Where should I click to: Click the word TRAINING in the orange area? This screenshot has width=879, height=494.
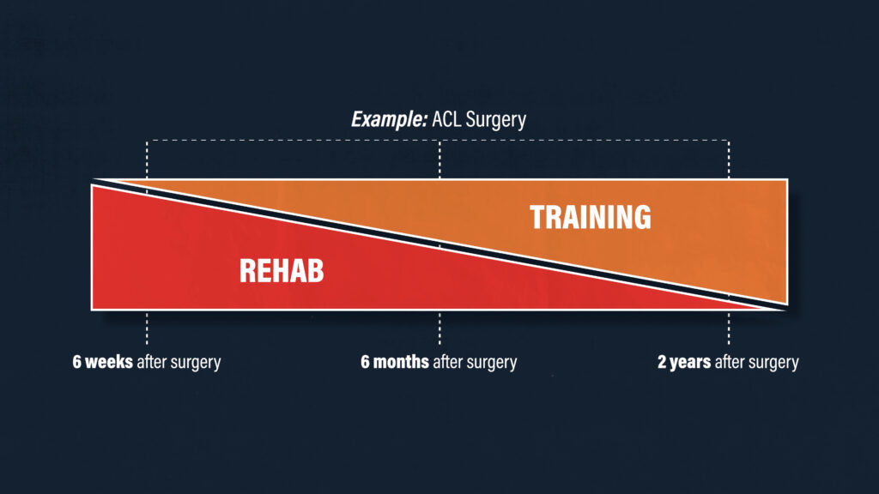point(591,217)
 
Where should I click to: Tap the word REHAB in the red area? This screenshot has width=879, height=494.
point(282,271)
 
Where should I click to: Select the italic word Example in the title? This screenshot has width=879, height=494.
point(389,120)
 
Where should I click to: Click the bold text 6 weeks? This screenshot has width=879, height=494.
point(103,362)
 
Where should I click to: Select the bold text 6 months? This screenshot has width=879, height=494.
point(395,362)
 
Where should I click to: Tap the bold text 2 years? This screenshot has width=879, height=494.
point(684,363)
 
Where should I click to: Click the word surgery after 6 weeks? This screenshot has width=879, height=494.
point(196,363)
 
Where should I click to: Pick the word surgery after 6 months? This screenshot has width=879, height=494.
point(492,363)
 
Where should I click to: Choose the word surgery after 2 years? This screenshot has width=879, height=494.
point(773,363)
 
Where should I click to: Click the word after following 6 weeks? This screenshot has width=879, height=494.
point(151,362)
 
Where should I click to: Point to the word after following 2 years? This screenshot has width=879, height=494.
point(730,362)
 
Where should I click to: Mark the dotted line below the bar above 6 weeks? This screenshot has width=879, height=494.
point(147,328)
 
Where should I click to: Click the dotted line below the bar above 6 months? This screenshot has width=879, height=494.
point(439,328)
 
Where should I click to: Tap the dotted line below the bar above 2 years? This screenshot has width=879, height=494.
point(729,328)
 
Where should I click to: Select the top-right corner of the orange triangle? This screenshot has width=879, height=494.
point(787,180)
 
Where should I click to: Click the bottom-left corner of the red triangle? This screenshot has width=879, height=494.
point(92,309)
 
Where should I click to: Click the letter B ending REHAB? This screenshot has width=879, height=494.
point(316,271)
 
